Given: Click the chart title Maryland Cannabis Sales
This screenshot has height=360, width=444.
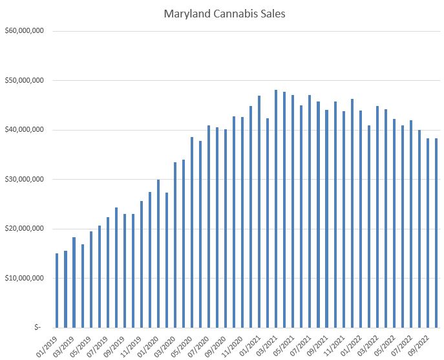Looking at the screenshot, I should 222,12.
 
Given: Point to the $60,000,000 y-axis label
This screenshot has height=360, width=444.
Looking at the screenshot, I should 23,30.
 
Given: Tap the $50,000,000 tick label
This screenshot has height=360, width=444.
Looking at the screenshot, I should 23,80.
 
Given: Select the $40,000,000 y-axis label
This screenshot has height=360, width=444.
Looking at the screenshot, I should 23,130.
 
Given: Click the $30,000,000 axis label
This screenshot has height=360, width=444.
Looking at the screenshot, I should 23,179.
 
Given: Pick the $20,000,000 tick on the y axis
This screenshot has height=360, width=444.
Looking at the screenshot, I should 23,229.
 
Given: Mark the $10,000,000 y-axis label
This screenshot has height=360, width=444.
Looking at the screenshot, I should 23,279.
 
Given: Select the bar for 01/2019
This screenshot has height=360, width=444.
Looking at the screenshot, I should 57,290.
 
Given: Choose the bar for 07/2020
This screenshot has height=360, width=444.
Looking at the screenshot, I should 209,226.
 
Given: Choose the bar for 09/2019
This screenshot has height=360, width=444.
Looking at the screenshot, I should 124,271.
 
